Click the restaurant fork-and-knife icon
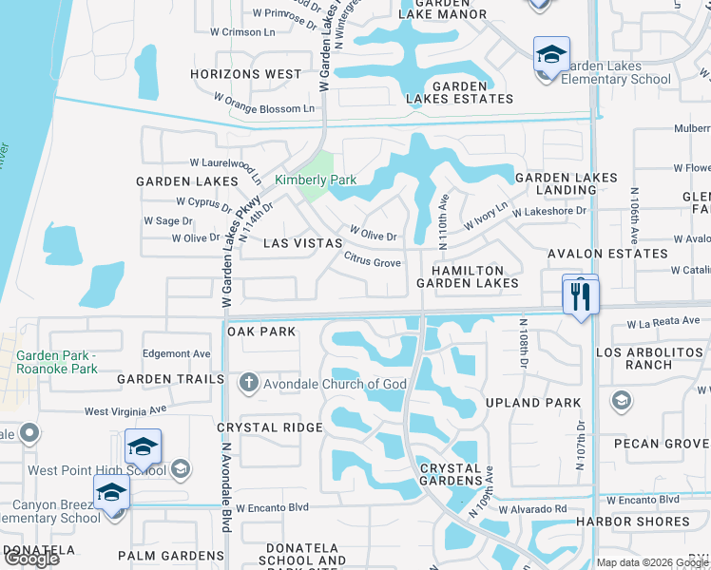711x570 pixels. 581,295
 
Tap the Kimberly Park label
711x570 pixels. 316,180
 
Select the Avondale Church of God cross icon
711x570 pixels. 248,383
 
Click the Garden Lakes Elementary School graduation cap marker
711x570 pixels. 550,55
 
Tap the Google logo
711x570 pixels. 30,558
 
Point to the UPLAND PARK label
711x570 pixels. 532,403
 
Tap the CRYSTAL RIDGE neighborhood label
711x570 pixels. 269,427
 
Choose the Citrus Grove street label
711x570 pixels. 372,259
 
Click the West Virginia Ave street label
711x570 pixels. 125,410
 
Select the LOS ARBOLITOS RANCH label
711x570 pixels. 648,358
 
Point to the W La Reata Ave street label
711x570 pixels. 663,324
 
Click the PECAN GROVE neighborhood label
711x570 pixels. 663,444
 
